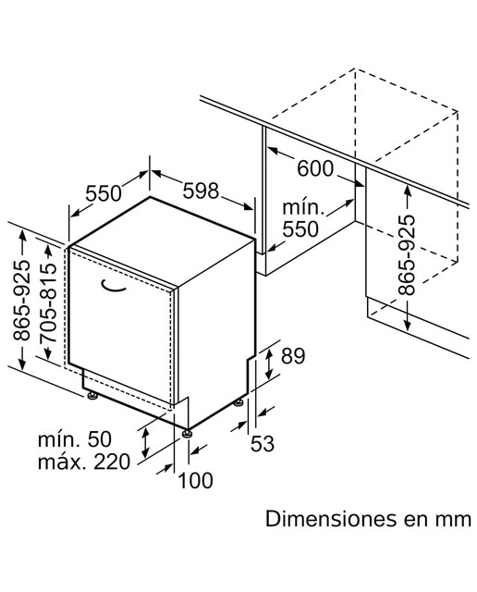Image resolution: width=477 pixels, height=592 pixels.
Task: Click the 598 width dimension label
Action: pyautogui.click(x=201, y=191)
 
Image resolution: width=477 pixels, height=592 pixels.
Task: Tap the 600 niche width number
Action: pyautogui.click(x=315, y=168)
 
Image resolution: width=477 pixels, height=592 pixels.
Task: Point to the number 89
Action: pyautogui.click(x=293, y=355)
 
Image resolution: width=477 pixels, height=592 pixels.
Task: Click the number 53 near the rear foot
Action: pyautogui.click(x=263, y=443)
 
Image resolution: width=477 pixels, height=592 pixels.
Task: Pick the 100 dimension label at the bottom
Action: pyautogui.click(x=195, y=481)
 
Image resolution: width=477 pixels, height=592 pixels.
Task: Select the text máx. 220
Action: pyautogui.click(x=84, y=462)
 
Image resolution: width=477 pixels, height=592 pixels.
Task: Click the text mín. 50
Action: pyautogui.click(x=75, y=439)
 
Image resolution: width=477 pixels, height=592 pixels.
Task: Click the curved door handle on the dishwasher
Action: pyautogui.click(x=113, y=287)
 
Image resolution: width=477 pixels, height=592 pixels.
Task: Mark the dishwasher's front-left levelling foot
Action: pyautogui.click(x=92, y=395)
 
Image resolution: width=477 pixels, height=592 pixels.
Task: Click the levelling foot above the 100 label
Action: pyautogui.click(x=187, y=434)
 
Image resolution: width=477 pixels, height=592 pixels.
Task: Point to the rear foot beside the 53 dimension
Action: pyautogui.click(x=238, y=403)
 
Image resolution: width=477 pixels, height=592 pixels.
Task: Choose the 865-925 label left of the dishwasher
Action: pyautogui.click(x=21, y=300)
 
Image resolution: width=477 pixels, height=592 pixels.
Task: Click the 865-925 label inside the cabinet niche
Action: pyautogui.click(x=407, y=255)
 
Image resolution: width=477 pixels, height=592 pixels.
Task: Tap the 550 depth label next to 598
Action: pyautogui.click(x=104, y=193)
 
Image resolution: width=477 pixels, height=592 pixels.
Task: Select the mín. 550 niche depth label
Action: pyautogui.click(x=302, y=218)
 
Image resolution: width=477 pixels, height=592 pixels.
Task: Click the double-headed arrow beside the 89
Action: pyautogui.click(x=269, y=364)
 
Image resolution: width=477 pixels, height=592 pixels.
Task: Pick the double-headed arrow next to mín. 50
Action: pyautogui.click(x=145, y=442)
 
